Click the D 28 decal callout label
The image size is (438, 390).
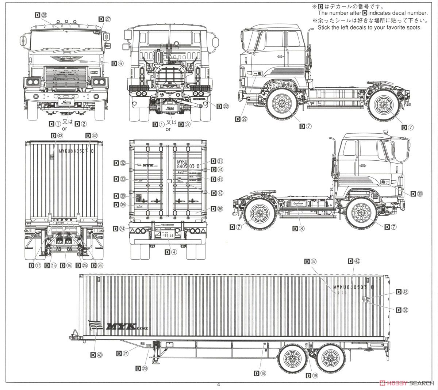(x=41, y=15)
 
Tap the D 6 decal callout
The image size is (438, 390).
(x=118, y=63)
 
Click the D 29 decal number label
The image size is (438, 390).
(x=241, y=119)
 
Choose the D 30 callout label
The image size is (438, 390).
(x=416, y=194)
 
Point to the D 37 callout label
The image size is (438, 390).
(x=311, y=261)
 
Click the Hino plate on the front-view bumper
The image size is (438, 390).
(x=66, y=104)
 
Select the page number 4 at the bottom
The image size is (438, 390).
(x=219, y=384)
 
